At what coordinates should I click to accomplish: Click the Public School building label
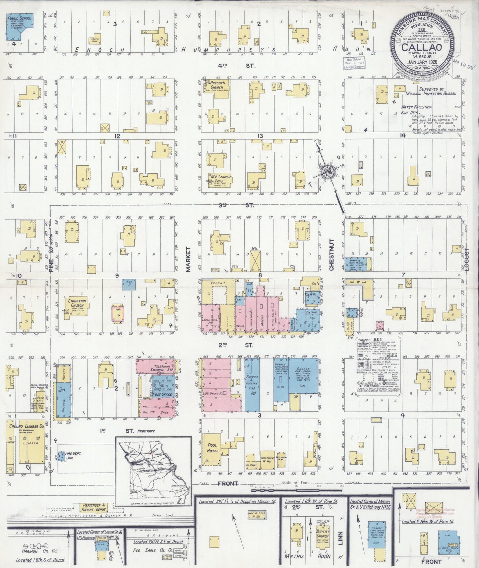(19, 19)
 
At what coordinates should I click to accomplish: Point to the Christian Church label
(77, 303)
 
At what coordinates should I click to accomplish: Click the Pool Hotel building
(212, 448)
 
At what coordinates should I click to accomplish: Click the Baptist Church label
(322, 534)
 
